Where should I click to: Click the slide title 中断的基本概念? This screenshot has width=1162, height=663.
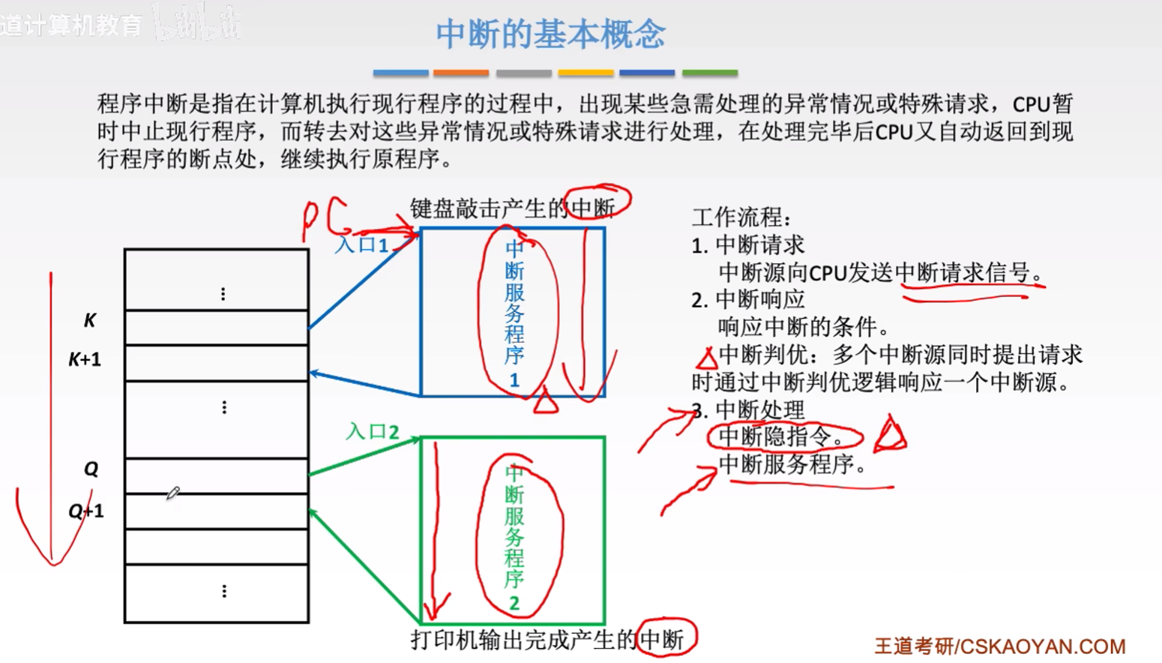point(550,34)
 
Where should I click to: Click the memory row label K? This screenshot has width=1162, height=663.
point(89,321)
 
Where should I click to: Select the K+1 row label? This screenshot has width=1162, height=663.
point(85,360)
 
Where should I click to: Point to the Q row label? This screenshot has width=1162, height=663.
point(91,469)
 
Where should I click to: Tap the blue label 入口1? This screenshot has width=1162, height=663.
point(361,245)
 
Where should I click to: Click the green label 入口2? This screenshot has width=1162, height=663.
point(372,431)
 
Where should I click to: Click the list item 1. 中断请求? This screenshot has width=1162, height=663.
point(747,245)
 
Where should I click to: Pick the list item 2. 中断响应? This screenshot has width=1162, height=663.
point(747,300)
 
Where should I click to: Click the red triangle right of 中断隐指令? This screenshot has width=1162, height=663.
point(891,435)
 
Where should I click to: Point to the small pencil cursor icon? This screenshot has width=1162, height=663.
point(173,493)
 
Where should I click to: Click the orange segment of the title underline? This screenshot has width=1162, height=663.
point(461,73)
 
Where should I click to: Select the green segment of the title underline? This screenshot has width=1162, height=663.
point(709,73)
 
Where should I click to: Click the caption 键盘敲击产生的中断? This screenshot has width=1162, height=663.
point(513,208)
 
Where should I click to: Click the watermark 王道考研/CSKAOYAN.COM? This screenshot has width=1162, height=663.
point(1000,646)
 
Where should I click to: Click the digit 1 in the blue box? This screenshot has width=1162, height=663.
point(514,380)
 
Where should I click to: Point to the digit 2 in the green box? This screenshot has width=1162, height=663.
point(514,602)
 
